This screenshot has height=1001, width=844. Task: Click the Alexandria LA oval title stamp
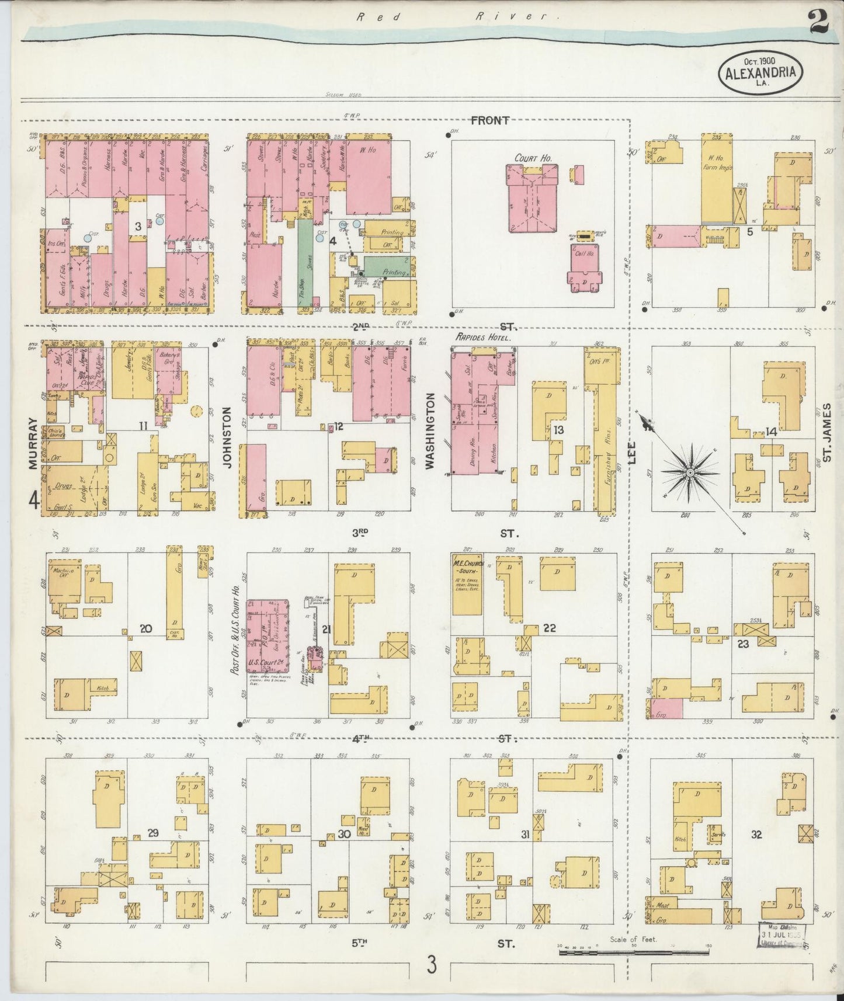pyautogui.click(x=760, y=72)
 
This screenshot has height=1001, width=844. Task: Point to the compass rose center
pyautogui.click(x=690, y=471)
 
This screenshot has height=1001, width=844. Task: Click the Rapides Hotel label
pyautogui.click(x=483, y=338)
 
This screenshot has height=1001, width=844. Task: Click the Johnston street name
pyautogui.click(x=227, y=438)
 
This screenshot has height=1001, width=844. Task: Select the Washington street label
pyautogui.click(x=430, y=430)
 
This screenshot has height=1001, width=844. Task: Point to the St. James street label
pyautogui.click(x=826, y=432)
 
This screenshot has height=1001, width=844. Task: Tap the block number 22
pyautogui.click(x=549, y=628)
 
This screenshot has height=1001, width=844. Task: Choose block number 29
pyautogui.click(x=153, y=833)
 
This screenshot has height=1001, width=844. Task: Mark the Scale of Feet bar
pyautogui.click(x=634, y=952)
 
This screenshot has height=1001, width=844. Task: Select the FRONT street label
pyautogui.click(x=489, y=120)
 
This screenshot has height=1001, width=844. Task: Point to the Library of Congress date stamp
pyautogui.click(x=782, y=938)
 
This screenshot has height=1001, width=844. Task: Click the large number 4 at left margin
pyautogui.click(x=34, y=502)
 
